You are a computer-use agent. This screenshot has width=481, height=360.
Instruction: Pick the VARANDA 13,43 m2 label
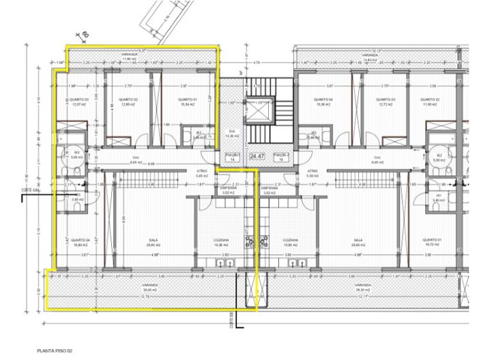(369, 57)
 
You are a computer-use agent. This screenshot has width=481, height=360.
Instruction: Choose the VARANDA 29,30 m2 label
(362, 287)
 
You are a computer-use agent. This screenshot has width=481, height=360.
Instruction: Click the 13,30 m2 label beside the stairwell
(233, 134)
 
